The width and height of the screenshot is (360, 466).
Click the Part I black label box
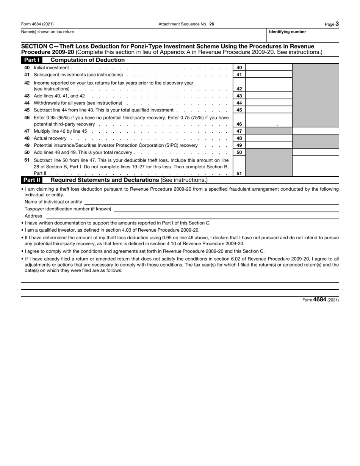pyautogui.click(x=31, y=60)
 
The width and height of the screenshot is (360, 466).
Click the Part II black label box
pyautogui.click(x=31, y=180)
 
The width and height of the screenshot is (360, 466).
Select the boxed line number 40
pyautogui.click(x=239, y=67)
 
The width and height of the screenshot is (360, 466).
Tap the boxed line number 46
pyautogui.click(x=239, y=124)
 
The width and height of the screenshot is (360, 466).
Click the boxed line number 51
pyautogui.click(x=239, y=174)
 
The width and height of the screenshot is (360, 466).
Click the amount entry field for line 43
pyautogui.click(x=269, y=96)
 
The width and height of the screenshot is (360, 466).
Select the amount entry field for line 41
pyautogui.click(x=269, y=75)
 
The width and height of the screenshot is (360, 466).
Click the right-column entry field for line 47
pyautogui.click(x=315, y=131)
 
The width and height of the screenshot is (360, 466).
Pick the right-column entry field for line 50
pyautogui.click(x=315, y=152)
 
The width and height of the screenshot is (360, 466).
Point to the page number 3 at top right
pyautogui.click(x=337, y=24)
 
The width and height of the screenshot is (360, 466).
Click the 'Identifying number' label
pyautogui.click(x=287, y=32)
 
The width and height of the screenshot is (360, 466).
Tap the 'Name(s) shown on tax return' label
pyautogui.click(x=48, y=32)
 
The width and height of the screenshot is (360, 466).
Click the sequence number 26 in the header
pyautogui.click(x=211, y=24)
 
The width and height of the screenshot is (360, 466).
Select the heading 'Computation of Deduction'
pyautogui.click(x=88, y=60)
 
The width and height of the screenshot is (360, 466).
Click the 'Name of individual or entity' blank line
pyautogui.click(x=211, y=202)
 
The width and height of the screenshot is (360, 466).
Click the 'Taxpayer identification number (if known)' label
pyautogui.click(x=68, y=209)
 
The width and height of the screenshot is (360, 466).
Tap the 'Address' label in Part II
pyautogui.click(x=33, y=216)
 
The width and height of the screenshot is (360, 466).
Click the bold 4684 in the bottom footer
pyautogui.click(x=320, y=300)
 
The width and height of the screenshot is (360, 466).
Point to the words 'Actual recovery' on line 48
pyautogui.click(x=50, y=138)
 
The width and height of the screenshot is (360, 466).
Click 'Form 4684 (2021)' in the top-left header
pyautogui.click(x=37, y=24)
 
